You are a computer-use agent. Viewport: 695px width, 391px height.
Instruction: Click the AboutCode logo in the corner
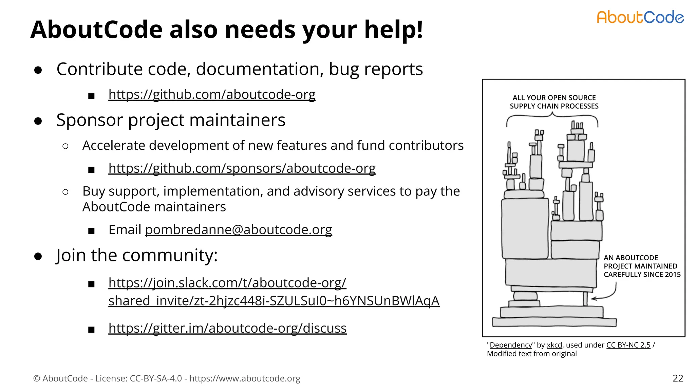pyautogui.click(x=640, y=17)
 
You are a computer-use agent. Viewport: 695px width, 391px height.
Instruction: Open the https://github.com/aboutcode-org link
pyautogui.click(x=212, y=94)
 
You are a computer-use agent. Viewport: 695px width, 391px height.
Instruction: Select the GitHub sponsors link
pyautogui.click(x=242, y=168)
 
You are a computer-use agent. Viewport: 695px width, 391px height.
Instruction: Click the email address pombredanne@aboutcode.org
pyautogui.click(x=238, y=230)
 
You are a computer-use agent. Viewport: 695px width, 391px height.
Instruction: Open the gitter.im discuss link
pyautogui.click(x=227, y=328)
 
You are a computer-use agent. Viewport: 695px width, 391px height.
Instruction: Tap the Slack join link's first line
pyautogui.click(x=227, y=283)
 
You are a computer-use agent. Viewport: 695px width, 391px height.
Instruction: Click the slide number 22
pyautogui.click(x=678, y=378)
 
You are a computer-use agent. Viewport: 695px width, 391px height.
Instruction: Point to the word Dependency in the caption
pyautogui.click(x=511, y=345)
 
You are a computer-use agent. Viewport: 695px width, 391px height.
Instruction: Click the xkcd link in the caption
pyautogui.click(x=554, y=345)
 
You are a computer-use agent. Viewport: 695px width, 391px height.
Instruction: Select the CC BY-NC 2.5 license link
pyautogui.click(x=628, y=345)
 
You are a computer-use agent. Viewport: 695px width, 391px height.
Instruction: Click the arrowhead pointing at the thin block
pyautogui.click(x=594, y=299)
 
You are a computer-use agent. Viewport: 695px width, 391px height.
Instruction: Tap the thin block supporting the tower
pyautogui.click(x=585, y=299)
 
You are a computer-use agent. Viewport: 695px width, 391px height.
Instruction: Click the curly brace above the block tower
pyautogui.click(x=552, y=117)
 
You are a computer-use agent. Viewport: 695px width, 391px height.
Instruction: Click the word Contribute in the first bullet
pyautogui.click(x=99, y=69)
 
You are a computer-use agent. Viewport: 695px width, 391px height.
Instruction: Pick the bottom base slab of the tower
pyautogui.click(x=554, y=322)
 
